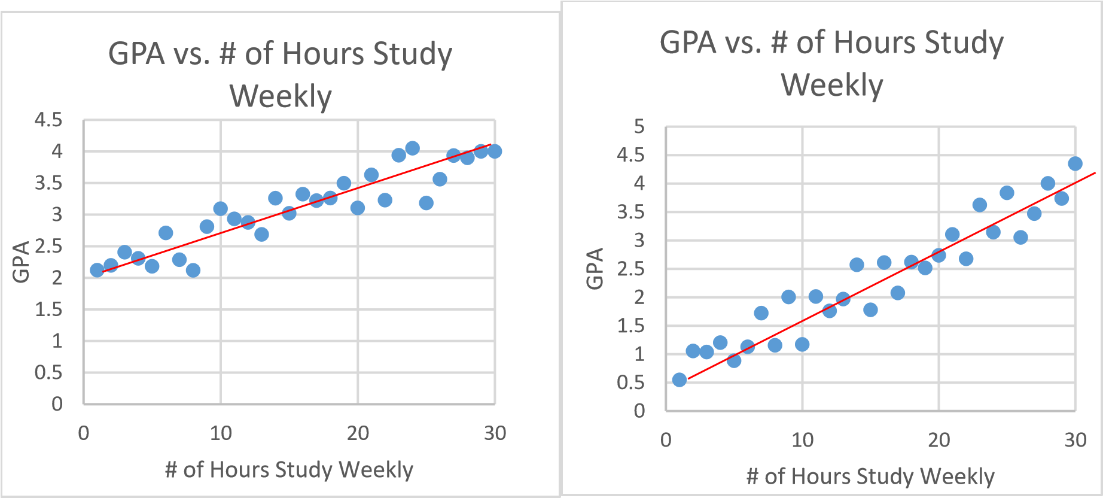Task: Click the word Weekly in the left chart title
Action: tap(281, 96)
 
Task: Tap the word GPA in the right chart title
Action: tap(688, 43)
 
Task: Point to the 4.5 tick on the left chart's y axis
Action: tap(48, 120)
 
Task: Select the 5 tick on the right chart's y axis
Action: tap(639, 126)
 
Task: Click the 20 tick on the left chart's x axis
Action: tap(358, 433)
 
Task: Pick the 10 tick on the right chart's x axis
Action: tap(802, 440)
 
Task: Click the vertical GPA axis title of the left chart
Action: tap(22, 262)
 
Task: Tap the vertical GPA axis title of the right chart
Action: tap(595, 268)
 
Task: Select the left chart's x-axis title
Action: tap(289, 470)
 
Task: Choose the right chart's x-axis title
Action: tap(870, 476)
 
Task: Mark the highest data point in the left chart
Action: tap(412, 148)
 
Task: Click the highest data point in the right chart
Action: tap(1075, 163)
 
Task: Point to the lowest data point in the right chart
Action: tap(680, 379)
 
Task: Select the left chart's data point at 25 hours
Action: tap(426, 203)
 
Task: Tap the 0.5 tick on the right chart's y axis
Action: tap(631, 382)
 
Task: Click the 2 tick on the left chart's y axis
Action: tap(57, 278)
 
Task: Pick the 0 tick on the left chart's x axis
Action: tap(84, 433)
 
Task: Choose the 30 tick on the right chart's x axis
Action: tap(1075, 440)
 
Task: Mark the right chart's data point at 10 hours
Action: tap(802, 344)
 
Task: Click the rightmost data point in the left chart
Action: tap(495, 151)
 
